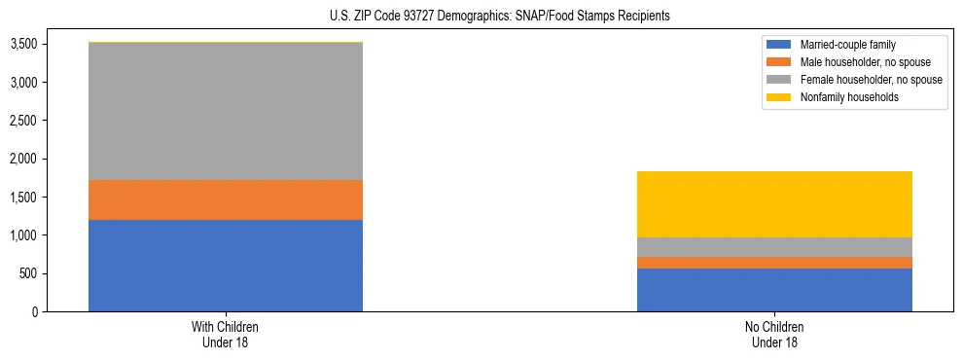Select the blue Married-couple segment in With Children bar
click(226, 266)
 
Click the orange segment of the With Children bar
click(226, 199)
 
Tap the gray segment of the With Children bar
click(226, 111)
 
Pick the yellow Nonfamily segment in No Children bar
click(774, 204)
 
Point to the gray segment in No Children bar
click(774, 247)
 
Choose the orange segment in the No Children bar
click(774, 263)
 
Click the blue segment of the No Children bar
click(774, 290)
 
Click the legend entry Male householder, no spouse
click(857, 62)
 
